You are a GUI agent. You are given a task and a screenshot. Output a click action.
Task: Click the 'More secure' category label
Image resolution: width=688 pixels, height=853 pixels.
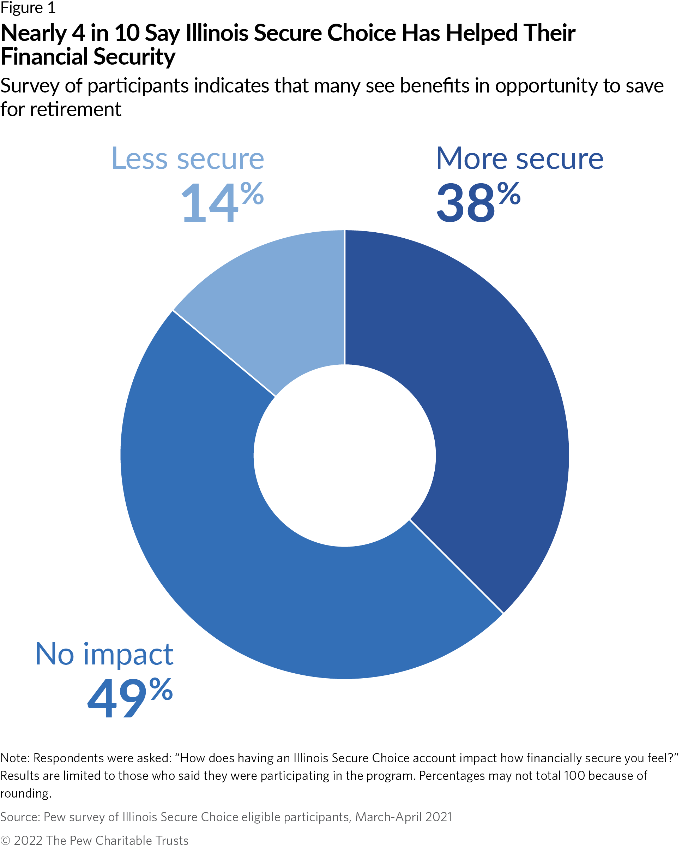[x=519, y=159]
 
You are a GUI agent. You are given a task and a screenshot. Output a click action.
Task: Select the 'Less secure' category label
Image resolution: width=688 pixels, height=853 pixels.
[x=187, y=159]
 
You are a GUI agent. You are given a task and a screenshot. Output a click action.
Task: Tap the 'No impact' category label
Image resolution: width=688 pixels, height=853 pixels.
[x=104, y=654]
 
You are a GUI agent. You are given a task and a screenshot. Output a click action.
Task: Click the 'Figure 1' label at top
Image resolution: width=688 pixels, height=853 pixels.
[x=28, y=8]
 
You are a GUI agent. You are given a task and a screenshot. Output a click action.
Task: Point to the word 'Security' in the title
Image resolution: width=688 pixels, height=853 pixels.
[x=128, y=57]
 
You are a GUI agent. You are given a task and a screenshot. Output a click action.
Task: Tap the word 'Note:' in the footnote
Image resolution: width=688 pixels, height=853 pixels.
[x=15, y=758]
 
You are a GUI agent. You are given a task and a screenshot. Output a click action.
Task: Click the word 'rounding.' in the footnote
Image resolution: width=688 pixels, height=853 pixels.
[x=26, y=793]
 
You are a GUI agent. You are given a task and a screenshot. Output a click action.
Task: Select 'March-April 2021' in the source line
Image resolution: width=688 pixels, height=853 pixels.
[x=403, y=817]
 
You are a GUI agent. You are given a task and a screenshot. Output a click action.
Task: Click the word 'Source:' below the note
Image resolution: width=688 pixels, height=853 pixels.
[x=20, y=817]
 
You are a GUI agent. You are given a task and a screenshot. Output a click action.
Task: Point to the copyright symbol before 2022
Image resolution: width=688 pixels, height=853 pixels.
[x=5, y=841]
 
